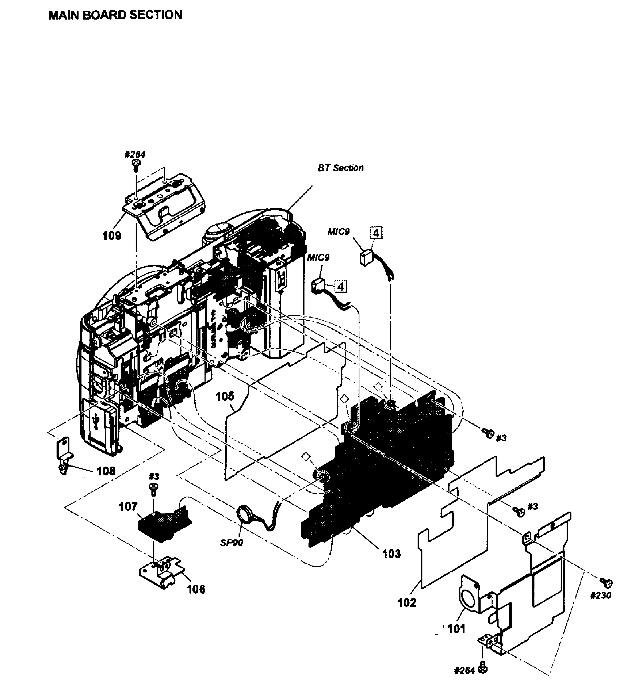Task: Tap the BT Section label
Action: [x=340, y=168]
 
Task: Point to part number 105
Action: [x=225, y=396]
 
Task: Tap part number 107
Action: [x=128, y=507]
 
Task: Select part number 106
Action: [x=196, y=589]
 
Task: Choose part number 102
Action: [x=407, y=603]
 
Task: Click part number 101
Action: [x=456, y=628]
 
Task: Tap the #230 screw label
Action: [x=601, y=595]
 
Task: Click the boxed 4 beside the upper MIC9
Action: [x=376, y=233]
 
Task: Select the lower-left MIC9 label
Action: [x=318, y=258]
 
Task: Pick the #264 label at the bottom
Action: [x=464, y=671]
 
